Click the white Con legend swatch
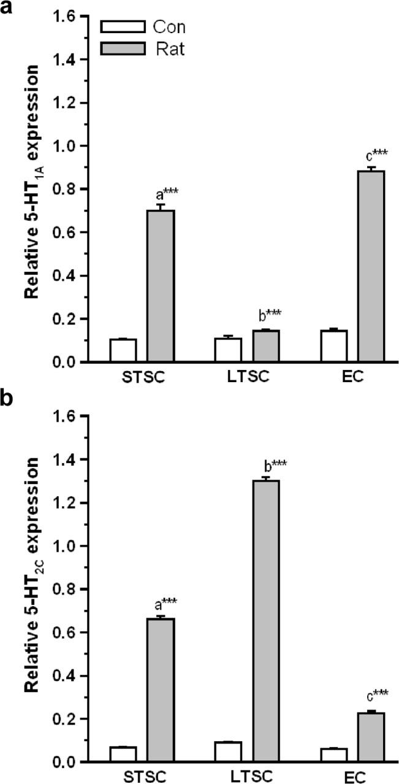tap(123, 27)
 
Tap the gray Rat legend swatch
tap(123, 48)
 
